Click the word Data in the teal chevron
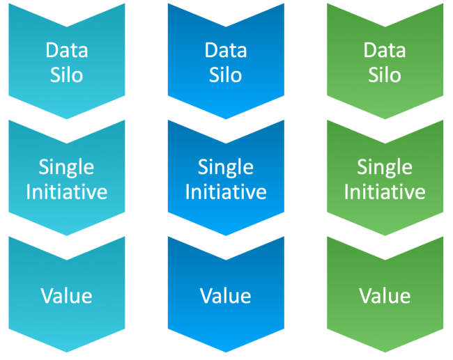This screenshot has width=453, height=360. pyautogui.click(x=67, y=50)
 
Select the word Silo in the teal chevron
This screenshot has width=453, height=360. pyautogui.click(x=67, y=75)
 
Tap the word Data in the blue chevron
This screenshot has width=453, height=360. pyautogui.click(x=226, y=50)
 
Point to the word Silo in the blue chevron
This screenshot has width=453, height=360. pyautogui.click(x=226, y=75)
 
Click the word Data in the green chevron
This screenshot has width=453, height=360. pyautogui.click(x=385, y=50)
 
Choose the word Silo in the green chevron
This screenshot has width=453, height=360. pyautogui.click(x=385, y=75)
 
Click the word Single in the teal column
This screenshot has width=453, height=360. pyautogui.click(x=66, y=168)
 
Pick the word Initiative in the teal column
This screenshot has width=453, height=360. pyautogui.click(x=67, y=191)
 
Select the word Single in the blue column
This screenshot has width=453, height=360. pyautogui.click(x=226, y=168)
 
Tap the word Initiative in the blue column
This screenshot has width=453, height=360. pyautogui.click(x=226, y=191)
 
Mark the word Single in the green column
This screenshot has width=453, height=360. pyautogui.click(x=385, y=168)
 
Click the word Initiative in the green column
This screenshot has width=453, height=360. pyautogui.click(x=385, y=191)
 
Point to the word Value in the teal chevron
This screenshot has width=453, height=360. pyautogui.click(x=66, y=296)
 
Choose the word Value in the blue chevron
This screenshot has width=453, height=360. pyautogui.click(x=226, y=296)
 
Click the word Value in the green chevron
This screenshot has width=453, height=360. pyautogui.click(x=385, y=296)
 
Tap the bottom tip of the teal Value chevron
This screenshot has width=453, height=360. pyautogui.click(x=67, y=352)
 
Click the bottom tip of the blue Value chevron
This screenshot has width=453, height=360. pyautogui.click(x=226, y=352)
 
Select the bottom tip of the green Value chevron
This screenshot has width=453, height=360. pyautogui.click(x=385, y=352)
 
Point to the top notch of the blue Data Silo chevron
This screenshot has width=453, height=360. pyautogui.click(x=226, y=27)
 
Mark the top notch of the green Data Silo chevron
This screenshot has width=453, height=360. pyautogui.click(x=385, y=27)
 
